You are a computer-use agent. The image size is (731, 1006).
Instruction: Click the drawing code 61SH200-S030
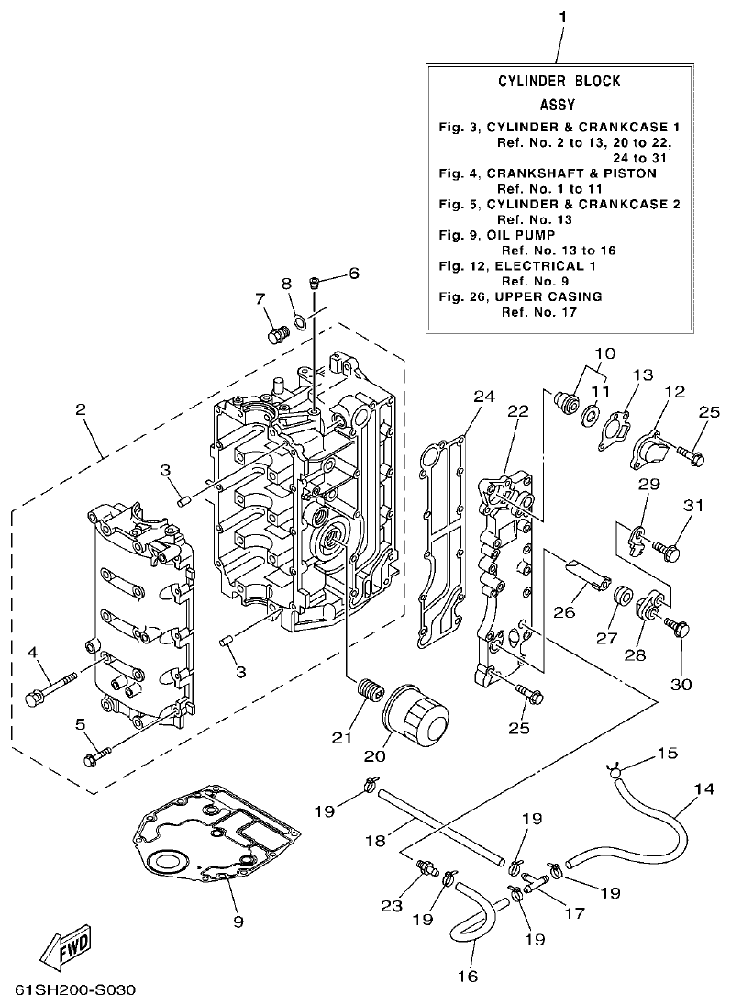[75, 991]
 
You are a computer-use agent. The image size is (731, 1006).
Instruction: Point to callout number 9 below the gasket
[238, 921]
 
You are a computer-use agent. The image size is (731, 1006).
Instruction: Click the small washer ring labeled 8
[298, 322]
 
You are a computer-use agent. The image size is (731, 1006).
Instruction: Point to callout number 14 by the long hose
[703, 788]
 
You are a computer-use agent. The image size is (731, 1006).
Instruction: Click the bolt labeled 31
[666, 551]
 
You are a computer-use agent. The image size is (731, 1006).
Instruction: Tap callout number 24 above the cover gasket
[483, 397]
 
